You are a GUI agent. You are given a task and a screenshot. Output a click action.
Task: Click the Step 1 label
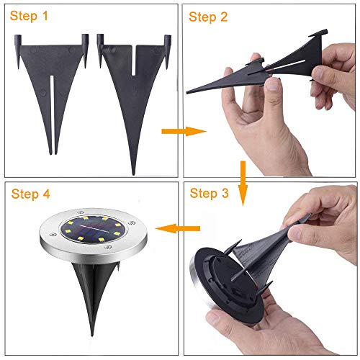point(29,17)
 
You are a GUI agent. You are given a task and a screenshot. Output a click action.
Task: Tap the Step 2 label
point(208,17)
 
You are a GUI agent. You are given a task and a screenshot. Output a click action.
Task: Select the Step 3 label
point(209,194)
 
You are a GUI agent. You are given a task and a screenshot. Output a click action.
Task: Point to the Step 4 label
point(30,194)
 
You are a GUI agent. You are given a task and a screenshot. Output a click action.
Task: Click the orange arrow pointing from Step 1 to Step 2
point(184,131)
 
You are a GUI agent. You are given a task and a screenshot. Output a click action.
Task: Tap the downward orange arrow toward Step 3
point(243,183)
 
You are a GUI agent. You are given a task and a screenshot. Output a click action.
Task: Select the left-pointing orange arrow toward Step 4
point(178,228)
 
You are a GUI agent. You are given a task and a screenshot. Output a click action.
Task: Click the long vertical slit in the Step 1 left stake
point(53,113)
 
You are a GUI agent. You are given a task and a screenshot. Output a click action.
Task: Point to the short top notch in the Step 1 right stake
point(134,60)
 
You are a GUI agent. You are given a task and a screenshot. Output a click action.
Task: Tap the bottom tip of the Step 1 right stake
point(134,174)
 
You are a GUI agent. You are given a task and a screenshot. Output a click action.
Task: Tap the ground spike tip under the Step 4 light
point(92,335)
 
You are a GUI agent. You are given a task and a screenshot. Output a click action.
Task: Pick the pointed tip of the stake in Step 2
point(187,93)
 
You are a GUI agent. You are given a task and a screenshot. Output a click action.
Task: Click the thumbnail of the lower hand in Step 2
point(272,84)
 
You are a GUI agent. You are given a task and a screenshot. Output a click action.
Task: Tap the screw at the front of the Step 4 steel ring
point(107,247)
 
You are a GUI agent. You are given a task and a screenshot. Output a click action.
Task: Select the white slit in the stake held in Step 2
point(288,65)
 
